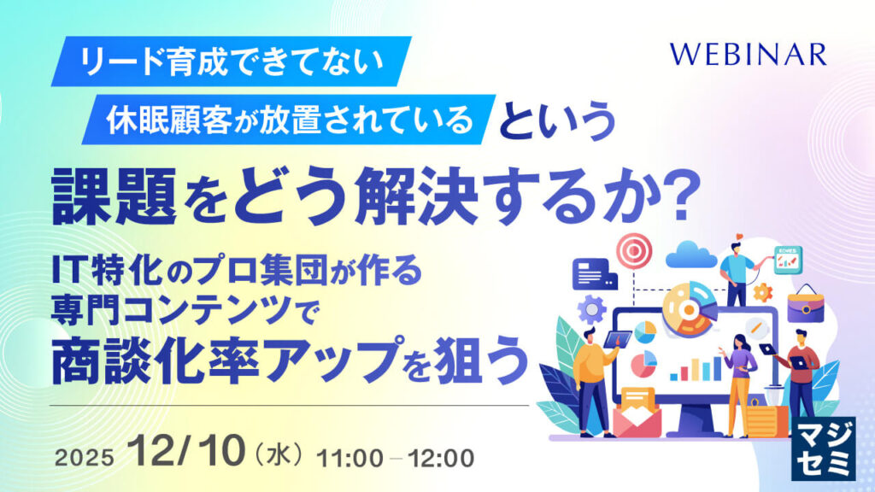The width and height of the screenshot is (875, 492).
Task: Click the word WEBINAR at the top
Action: (x=748, y=56)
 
